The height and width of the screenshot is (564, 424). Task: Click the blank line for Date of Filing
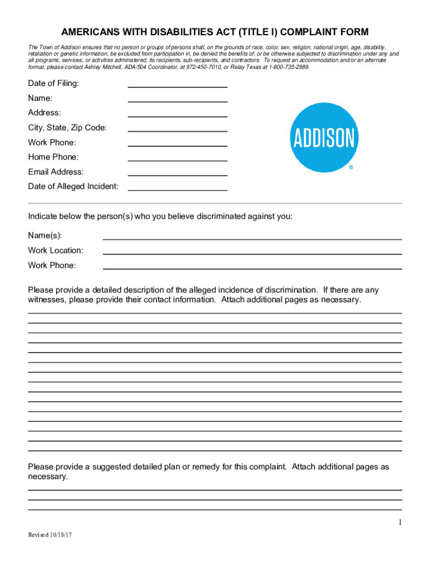pyautogui.click(x=177, y=86)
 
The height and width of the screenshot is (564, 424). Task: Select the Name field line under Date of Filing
pyautogui.click(x=177, y=101)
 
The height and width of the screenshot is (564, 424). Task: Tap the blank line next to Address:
pyautogui.click(x=177, y=116)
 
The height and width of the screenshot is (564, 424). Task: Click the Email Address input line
pyautogui.click(x=177, y=175)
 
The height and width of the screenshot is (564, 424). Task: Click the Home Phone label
pyautogui.click(x=53, y=157)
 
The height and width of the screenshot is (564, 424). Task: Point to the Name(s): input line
pyautogui.click(x=252, y=238)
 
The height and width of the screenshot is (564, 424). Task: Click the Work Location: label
pyautogui.click(x=56, y=250)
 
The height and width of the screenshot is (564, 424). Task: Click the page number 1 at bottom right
pyautogui.click(x=400, y=523)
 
